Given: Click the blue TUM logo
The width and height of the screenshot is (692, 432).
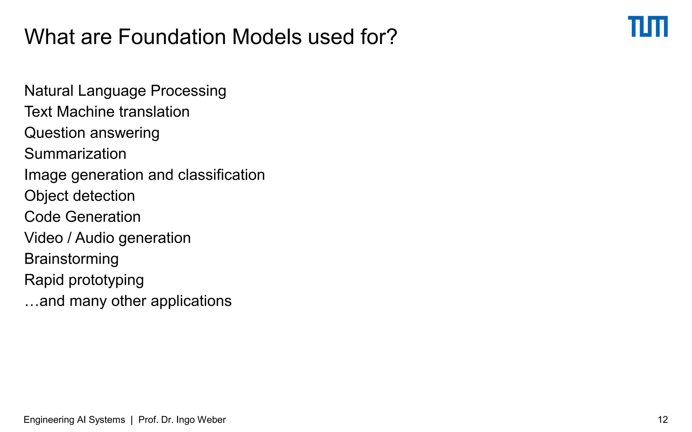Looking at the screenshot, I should [x=647, y=26].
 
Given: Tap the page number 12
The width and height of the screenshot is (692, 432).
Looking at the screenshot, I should [x=663, y=420].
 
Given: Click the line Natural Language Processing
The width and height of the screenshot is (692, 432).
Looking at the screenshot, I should [x=125, y=91].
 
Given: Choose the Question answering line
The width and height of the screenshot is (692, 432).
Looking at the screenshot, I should [x=92, y=133].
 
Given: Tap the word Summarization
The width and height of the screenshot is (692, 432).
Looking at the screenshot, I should [x=75, y=154].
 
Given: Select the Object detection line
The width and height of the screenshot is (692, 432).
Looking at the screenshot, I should [x=79, y=196].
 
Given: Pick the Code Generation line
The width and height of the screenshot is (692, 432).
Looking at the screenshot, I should [x=82, y=217].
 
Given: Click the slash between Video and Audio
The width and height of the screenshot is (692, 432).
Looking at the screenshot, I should [x=69, y=238].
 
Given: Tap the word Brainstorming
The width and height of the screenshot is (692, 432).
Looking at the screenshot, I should [x=71, y=259].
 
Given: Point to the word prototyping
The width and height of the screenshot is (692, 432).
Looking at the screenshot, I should [x=106, y=280].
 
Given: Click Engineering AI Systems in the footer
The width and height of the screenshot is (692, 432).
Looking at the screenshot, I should [x=74, y=420].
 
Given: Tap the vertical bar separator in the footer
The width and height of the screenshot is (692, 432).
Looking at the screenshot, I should [x=131, y=420].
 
